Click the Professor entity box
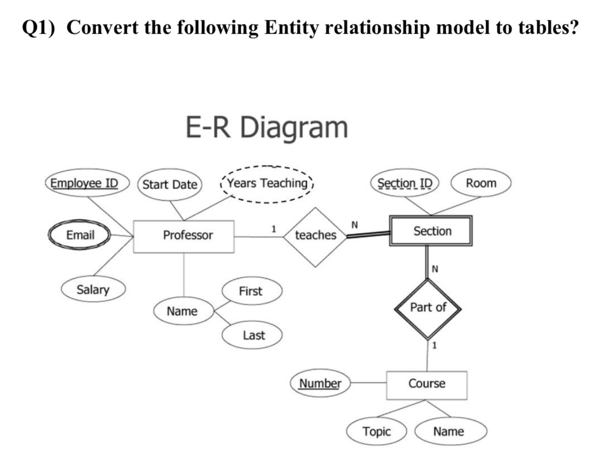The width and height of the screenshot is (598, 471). (x=184, y=236)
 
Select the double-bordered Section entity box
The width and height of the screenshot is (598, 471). (x=430, y=231)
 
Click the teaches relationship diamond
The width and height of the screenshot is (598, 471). (x=316, y=236)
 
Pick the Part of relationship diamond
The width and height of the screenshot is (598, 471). (x=428, y=308)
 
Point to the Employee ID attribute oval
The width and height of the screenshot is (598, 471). (x=88, y=183)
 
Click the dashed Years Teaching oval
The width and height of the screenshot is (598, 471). (x=267, y=183)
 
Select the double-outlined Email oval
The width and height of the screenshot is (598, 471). (x=80, y=235)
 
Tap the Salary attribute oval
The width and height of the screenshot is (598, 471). (x=93, y=290)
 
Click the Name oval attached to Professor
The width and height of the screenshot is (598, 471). (x=182, y=311)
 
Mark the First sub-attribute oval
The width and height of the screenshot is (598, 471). (x=250, y=291)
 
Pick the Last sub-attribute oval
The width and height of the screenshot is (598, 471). (x=253, y=335)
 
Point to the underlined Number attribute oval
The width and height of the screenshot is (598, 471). (x=320, y=383)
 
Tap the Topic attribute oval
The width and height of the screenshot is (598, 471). (x=376, y=432)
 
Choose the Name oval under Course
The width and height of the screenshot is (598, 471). (x=448, y=432)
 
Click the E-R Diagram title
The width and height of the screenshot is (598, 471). (x=266, y=128)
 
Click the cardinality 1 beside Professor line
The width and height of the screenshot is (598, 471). (x=274, y=228)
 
